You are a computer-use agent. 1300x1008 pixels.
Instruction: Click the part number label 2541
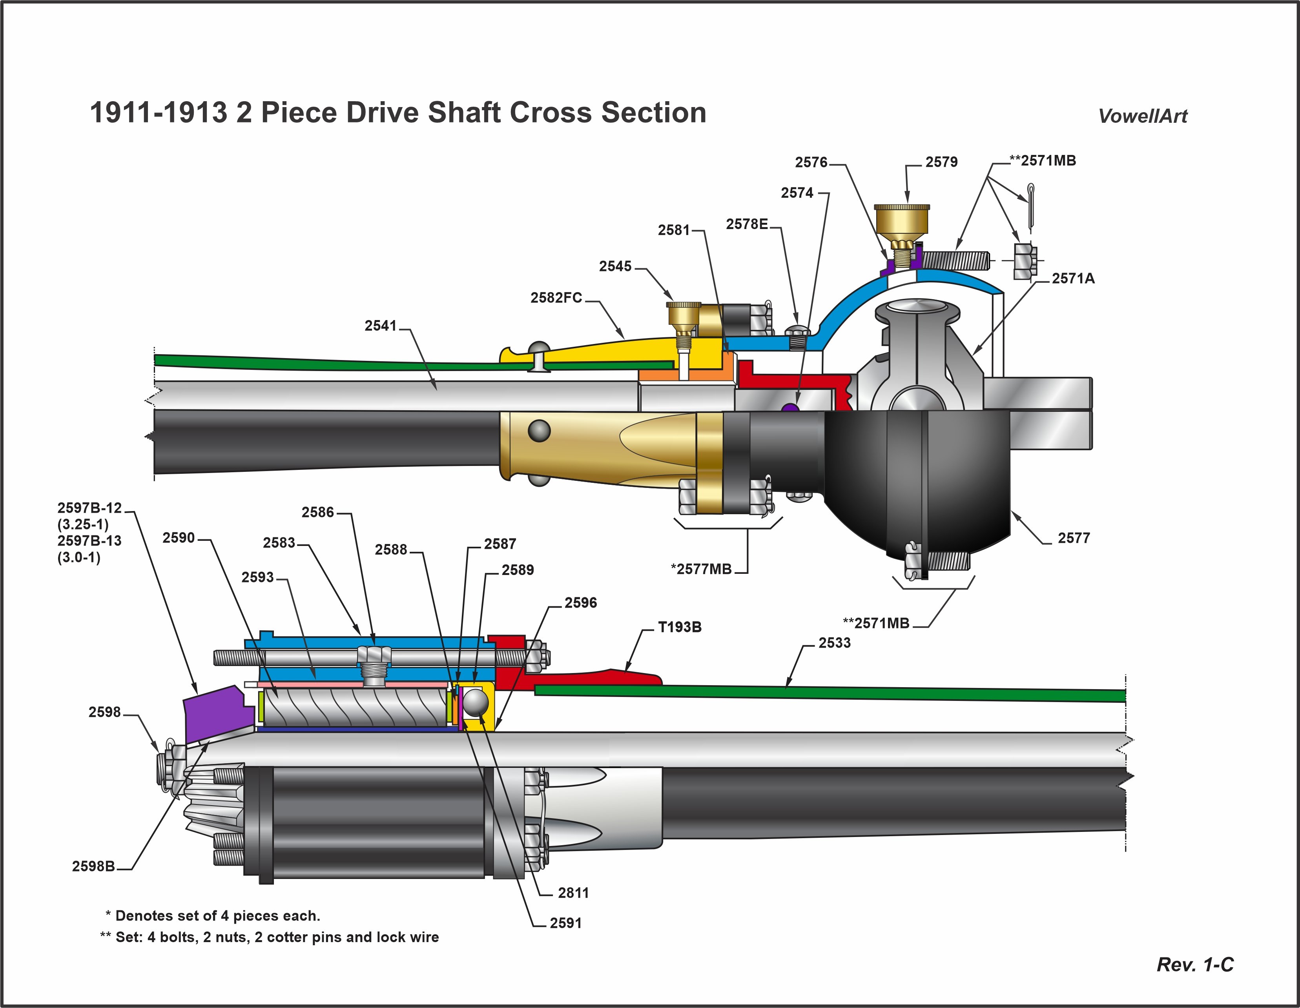coord(380,326)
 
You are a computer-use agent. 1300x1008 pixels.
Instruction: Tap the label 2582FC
coord(556,298)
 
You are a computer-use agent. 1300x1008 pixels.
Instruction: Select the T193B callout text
coord(680,627)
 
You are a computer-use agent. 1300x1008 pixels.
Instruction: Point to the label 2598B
coord(93,866)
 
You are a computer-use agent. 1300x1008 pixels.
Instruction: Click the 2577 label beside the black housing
coord(1074,538)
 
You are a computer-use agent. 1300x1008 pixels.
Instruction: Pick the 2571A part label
coord(1073,278)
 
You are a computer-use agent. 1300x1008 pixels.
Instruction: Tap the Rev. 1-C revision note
coord(1195,964)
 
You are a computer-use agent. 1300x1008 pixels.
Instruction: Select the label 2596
coord(580,603)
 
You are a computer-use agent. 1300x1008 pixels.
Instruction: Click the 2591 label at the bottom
coord(565,923)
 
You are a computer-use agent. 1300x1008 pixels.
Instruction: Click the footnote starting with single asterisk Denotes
coord(213,916)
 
